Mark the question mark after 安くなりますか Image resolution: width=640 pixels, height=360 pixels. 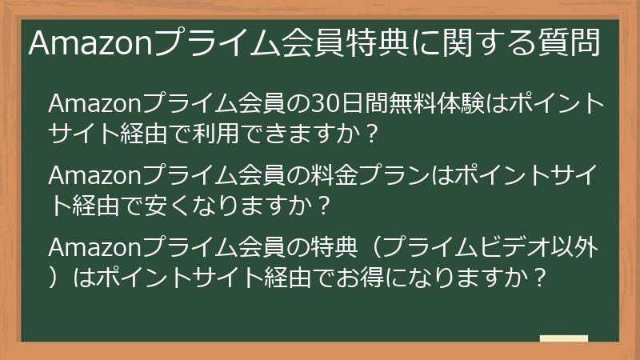click(x=322, y=205)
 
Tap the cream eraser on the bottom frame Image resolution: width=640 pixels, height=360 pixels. click(x=563, y=340)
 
